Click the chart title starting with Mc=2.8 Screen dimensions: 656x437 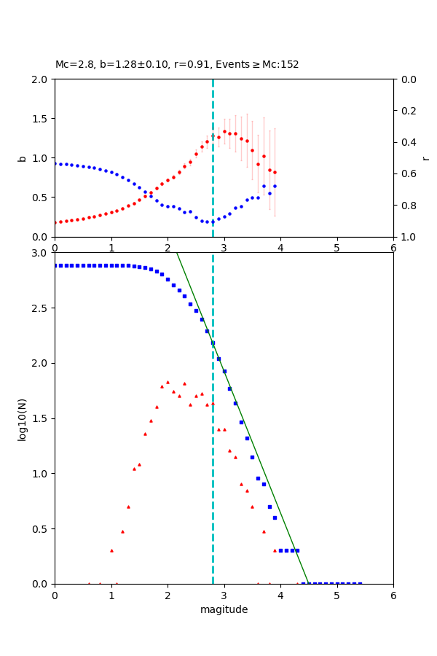click(x=177, y=64)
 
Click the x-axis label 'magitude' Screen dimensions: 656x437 click(x=224, y=609)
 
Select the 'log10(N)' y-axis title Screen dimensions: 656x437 click(x=22, y=418)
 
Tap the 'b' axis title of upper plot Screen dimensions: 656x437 click(x=22, y=158)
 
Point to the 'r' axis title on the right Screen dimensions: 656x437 click(x=425, y=158)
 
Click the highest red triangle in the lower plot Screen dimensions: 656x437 click(x=168, y=382)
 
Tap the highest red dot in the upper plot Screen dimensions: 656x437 click(x=224, y=131)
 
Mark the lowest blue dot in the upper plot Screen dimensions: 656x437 click(x=208, y=222)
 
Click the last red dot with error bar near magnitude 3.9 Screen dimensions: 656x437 click(x=275, y=173)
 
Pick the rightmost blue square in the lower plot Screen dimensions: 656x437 click(x=360, y=583)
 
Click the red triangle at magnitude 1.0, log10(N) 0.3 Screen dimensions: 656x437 click(x=111, y=550)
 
